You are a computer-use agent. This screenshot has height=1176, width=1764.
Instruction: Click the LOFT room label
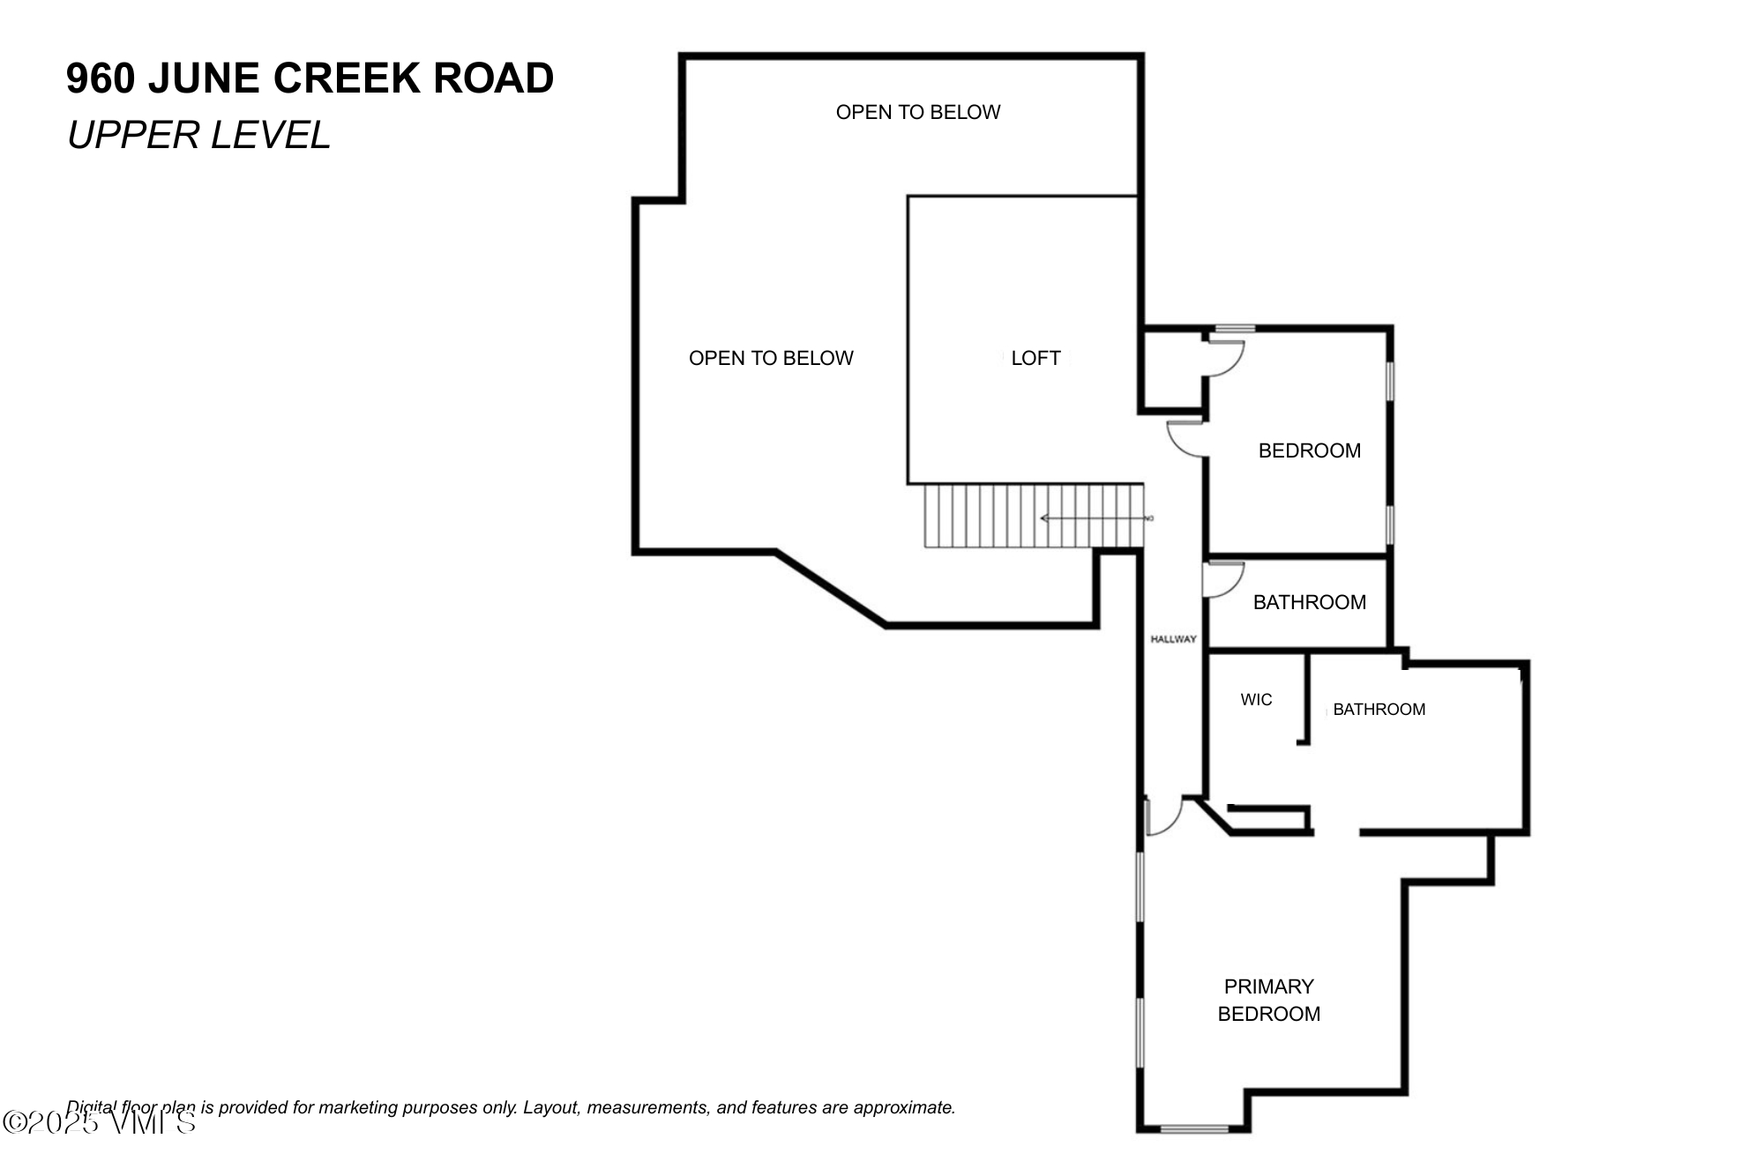tap(1035, 358)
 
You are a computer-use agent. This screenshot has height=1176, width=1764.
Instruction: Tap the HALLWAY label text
tap(1173, 639)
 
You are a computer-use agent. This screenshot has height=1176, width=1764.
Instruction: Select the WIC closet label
tap(1256, 700)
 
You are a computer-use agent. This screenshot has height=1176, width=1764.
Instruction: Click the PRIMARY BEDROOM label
tap(1268, 1000)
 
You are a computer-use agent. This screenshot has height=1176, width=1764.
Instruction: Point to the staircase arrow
tap(1094, 518)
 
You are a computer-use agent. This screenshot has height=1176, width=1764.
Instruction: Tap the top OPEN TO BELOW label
tap(917, 112)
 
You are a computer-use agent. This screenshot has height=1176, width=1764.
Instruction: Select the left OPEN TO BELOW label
tap(771, 358)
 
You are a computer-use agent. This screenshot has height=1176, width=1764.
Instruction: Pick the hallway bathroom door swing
tap(1222, 580)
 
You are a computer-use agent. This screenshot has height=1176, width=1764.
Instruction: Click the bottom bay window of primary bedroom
tap(1194, 1128)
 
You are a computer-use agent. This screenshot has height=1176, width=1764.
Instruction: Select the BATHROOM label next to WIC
tap(1379, 710)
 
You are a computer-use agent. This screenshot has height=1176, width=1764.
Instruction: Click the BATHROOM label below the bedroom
tap(1309, 602)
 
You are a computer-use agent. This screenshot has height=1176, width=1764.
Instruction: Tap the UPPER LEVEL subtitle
tap(198, 135)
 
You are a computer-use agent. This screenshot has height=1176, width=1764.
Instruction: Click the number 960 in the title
tap(101, 78)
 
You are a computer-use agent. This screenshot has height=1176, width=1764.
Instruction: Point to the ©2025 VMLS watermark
tap(99, 1122)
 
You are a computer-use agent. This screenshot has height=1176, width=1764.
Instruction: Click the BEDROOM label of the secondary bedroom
tap(1309, 450)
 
